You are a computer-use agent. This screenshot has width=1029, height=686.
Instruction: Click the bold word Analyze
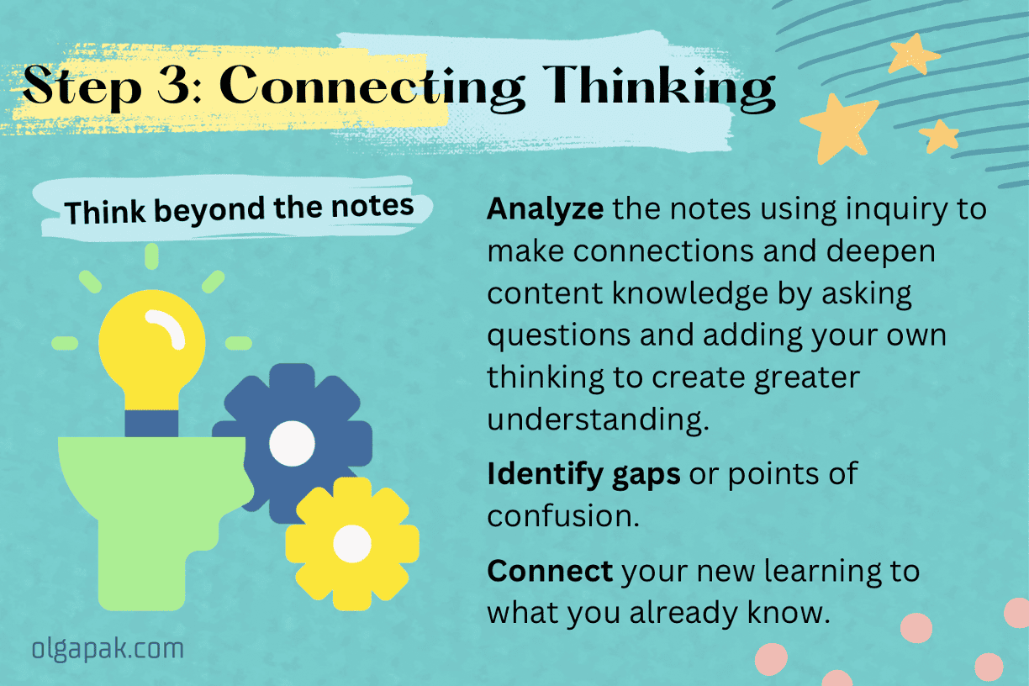click(x=544, y=208)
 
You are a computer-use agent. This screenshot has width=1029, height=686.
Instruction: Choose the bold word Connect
click(x=550, y=571)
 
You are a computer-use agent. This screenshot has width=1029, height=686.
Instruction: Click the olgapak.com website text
click(x=108, y=648)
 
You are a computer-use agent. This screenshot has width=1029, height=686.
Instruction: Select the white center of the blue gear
click(x=292, y=441)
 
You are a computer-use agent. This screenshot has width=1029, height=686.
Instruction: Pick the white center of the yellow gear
click(x=351, y=544)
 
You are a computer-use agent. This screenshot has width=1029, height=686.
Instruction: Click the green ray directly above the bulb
click(x=151, y=256)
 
